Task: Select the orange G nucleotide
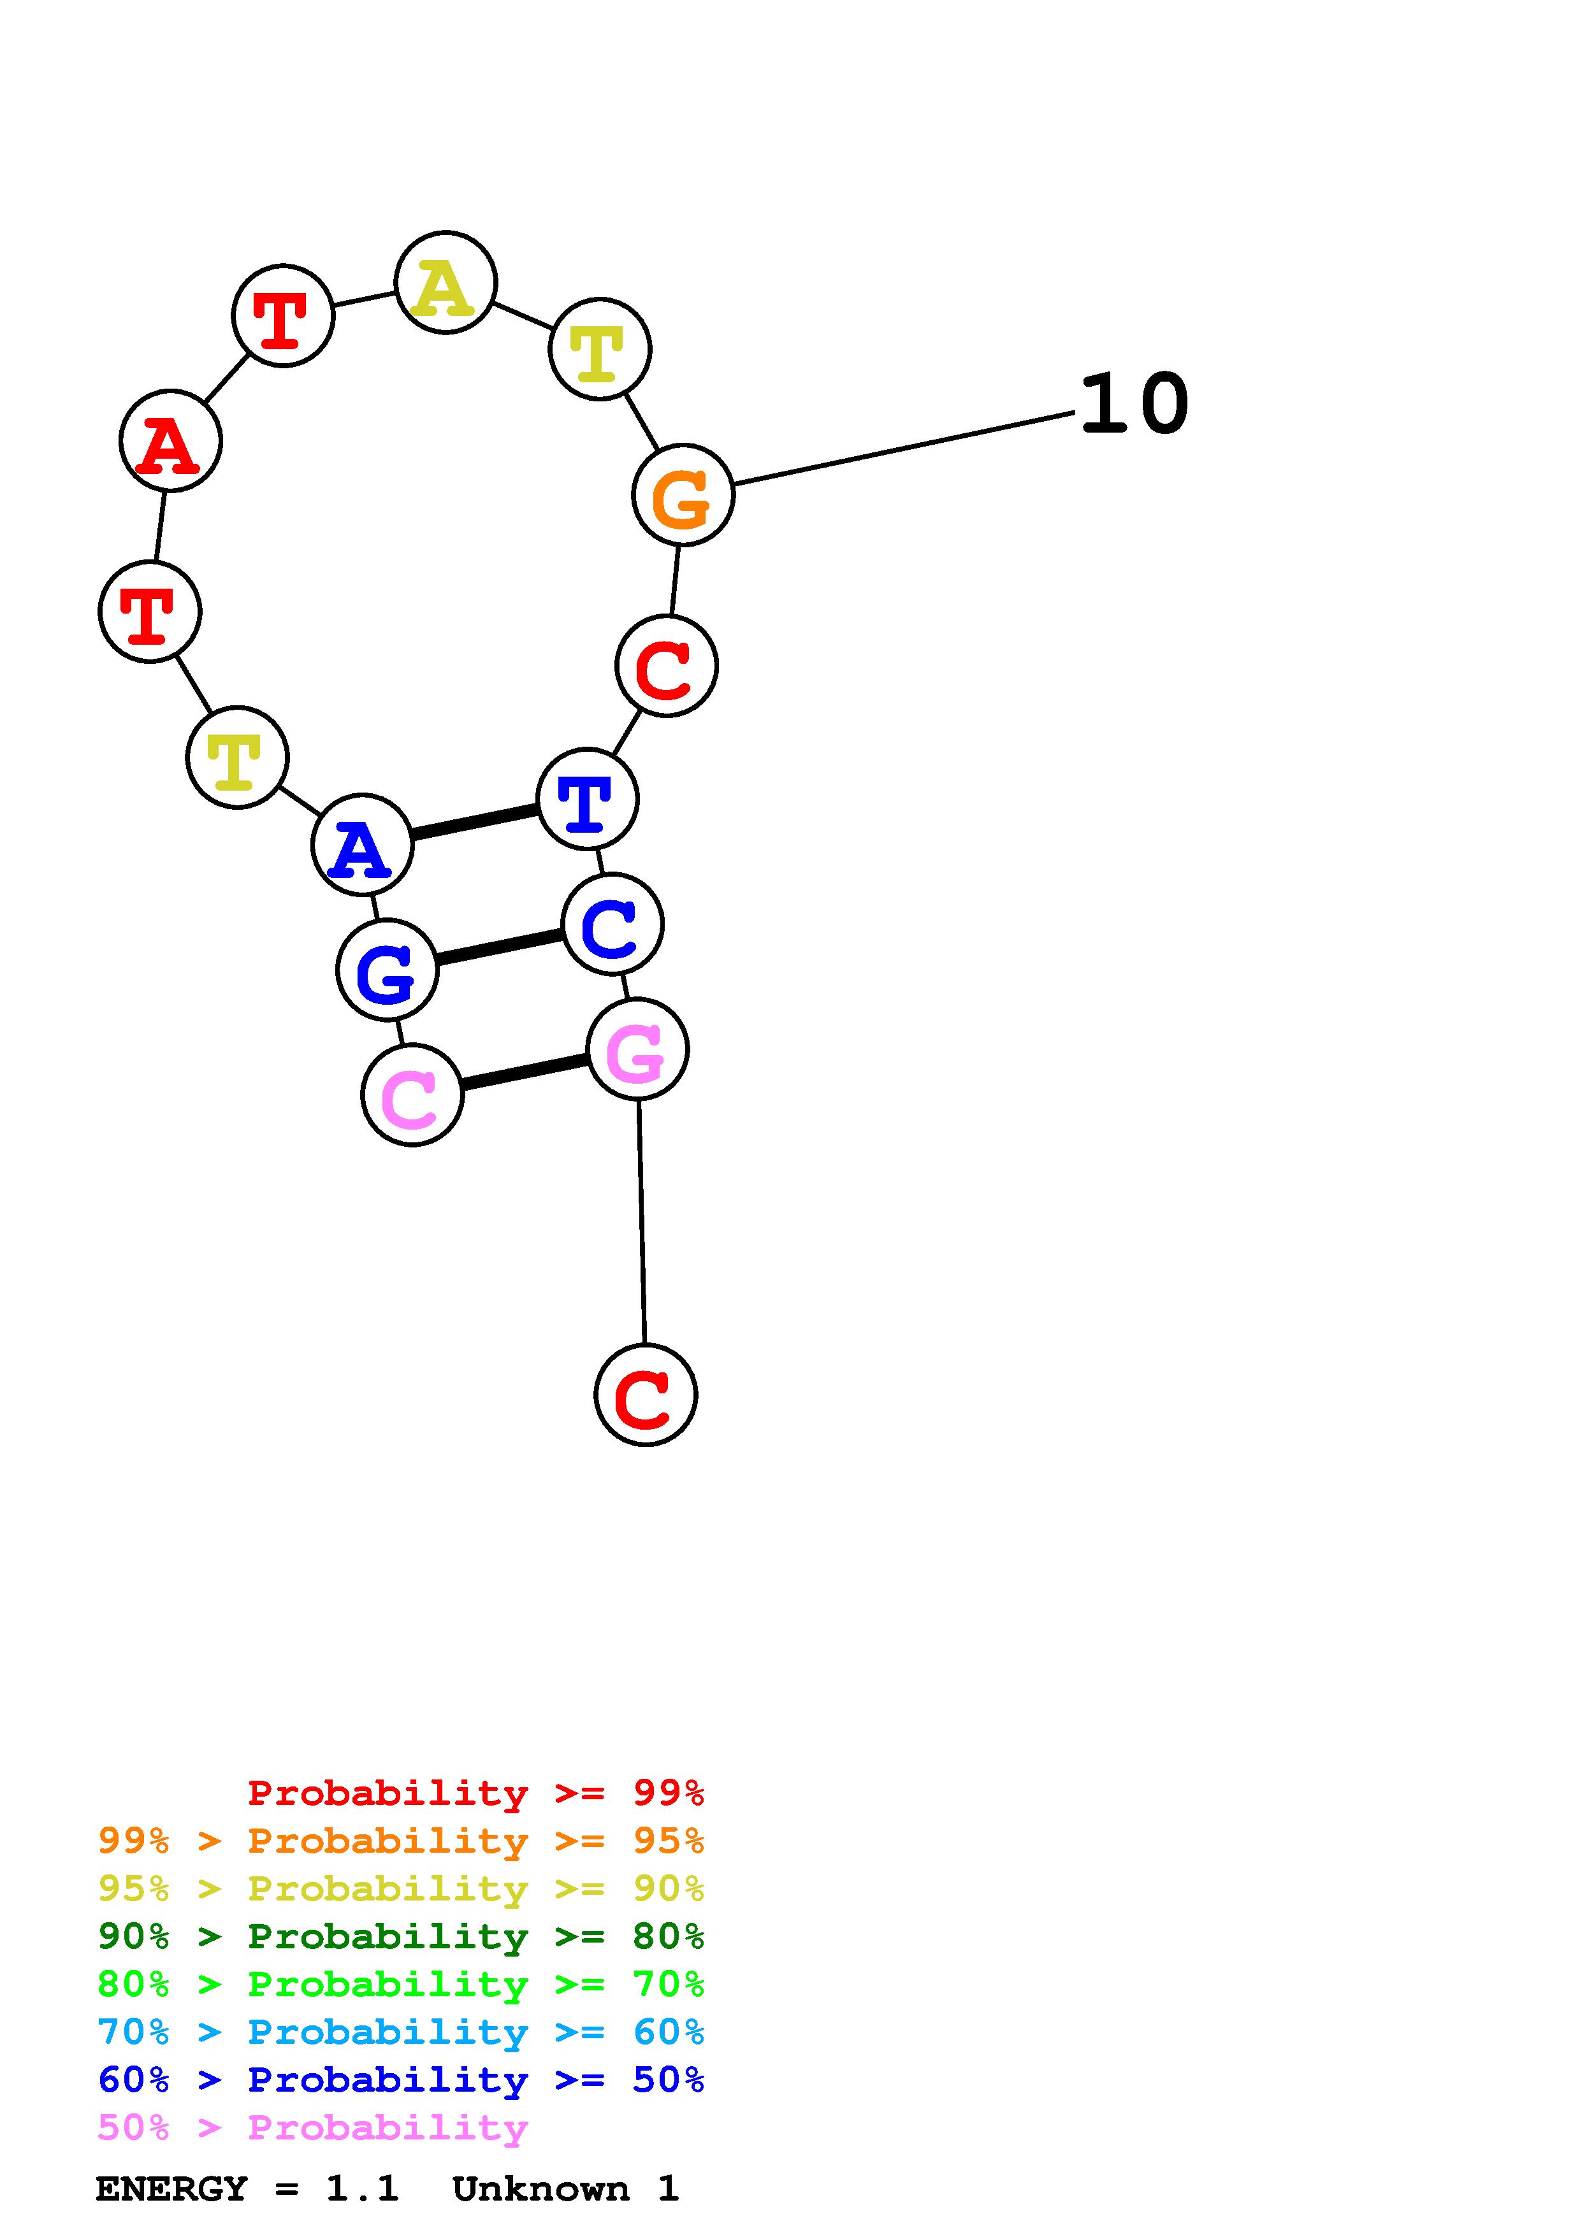pyautogui.click(x=683, y=496)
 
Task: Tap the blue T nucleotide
pyautogui.click(x=587, y=799)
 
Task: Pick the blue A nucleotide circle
pyautogui.click(x=362, y=845)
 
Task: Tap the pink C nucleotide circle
pyautogui.click(x=412, y=1095)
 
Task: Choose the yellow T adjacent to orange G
pyautogui.click(x=600, y=349)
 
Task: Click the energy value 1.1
pyautogui.click(x=362, y=2188)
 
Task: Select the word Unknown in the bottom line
pyautogui.click(x=540, y=2188)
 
